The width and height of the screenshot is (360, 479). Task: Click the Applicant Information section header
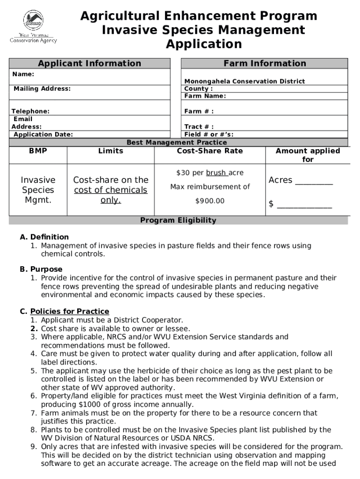89,63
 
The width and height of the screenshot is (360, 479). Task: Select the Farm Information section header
265,63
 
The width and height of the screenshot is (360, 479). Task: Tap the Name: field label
23,74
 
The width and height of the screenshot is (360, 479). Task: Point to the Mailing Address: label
42,88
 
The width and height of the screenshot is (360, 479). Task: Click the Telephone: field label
30,111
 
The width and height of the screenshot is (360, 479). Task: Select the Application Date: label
43,134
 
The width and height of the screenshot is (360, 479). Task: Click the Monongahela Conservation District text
245,81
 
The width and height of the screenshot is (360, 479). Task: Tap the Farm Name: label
205,96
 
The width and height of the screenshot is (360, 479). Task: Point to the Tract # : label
199,127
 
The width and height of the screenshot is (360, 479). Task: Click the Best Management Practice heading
177,142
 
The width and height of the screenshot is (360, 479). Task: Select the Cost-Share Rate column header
210,151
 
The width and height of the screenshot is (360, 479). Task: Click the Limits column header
111,151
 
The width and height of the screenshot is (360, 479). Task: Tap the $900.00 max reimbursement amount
210,201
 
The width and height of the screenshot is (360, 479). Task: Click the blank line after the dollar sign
304,205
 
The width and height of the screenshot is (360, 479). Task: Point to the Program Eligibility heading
178,220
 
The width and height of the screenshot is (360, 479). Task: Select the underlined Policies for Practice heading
70,312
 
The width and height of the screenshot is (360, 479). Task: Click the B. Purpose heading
41,269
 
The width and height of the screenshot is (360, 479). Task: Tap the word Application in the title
204,44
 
